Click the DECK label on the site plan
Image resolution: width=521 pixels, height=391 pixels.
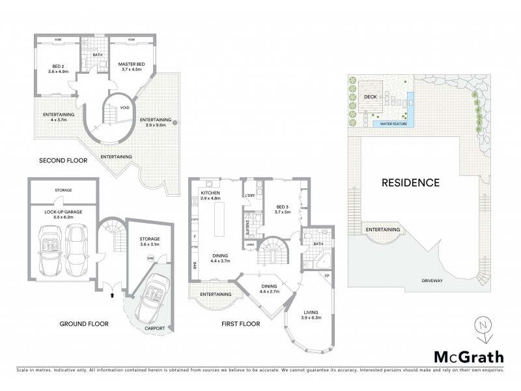[x=371, y=96]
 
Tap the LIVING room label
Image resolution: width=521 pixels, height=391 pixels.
[x=313, y=315]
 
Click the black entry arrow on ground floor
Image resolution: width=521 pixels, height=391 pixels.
[x=112, y=295]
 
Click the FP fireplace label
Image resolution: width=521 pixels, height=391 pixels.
[x=327, y=276]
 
